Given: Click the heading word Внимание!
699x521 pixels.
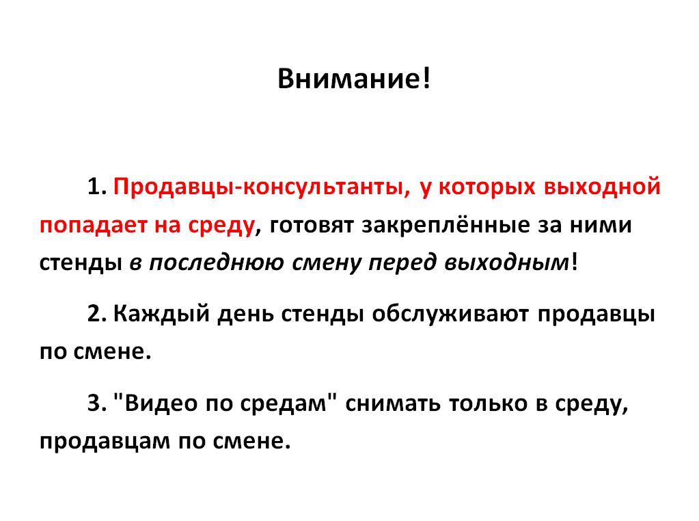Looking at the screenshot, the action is tap(354, 79).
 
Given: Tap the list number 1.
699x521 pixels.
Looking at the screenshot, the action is tap(97, 186).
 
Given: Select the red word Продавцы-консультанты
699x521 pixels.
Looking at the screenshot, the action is tap(262, 187).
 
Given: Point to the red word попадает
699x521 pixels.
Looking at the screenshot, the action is tap(93, 226).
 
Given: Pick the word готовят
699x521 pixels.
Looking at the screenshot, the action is tap(312, 225).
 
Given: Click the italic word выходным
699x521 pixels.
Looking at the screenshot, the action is tap(507, 263).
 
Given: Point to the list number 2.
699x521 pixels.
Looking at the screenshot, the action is tap(97, 314).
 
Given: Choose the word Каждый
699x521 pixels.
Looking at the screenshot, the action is tap(161, 315).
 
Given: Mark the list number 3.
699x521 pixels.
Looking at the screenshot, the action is tap(97, 403).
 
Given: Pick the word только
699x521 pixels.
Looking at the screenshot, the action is tap(488, 403).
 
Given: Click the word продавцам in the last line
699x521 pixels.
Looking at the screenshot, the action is tap(105, 442).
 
